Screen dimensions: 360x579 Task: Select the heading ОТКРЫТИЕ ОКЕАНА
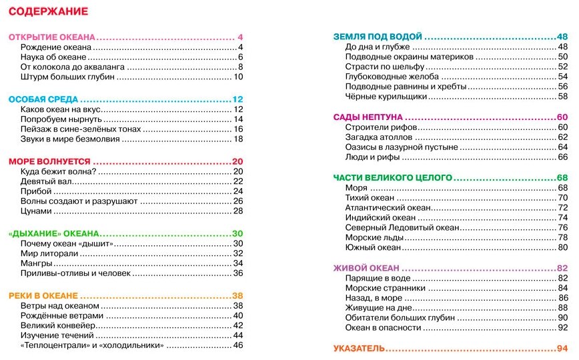(x=52, y=37)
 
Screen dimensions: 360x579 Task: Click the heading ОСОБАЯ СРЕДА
(x=44, y=99)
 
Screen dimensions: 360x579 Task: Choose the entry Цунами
(x=36, y=211)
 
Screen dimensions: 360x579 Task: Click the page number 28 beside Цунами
(x=238, y=211)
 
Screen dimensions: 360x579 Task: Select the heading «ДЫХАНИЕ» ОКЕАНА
(x=53, y=233)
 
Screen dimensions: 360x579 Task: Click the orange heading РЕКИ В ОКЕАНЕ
(x=43, y=295)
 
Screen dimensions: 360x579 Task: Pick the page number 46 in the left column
(x=238, y=346)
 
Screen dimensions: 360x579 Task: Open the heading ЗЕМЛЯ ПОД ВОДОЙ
(x=377, y=37)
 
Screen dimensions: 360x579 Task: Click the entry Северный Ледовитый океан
(x=402, y=227)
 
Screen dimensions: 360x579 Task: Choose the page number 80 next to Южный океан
(x=562, y=247)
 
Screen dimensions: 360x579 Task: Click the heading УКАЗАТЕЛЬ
(x=359, y=349)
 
